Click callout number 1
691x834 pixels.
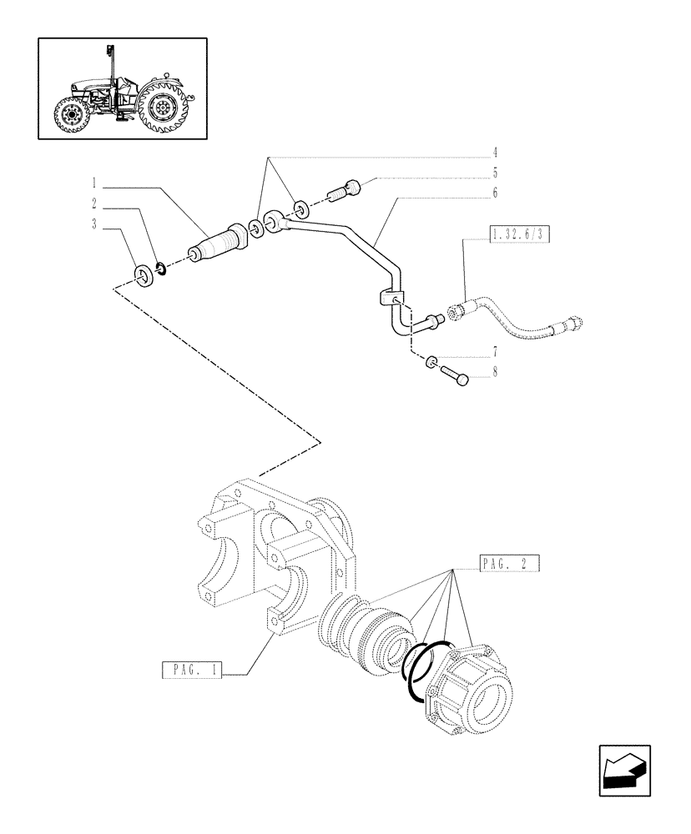click(x=96, y=181)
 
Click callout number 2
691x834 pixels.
click(x=96, y=203)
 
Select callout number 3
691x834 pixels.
click(x=96, y=224)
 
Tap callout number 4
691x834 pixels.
click(x=495, y=153)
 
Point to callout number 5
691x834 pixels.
click(x=495, y=173)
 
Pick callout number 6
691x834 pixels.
click(x=495, y=193)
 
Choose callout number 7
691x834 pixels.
click(x=495, y=351)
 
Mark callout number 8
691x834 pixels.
click(x=495, y=372)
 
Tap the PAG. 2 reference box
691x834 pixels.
click(x=510, y=565)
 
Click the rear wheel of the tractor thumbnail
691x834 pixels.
click(x=165, y=108)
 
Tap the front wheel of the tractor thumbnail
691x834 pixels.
click(x=70, y=115)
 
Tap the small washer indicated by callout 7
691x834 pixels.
click(x=431, y=361)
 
